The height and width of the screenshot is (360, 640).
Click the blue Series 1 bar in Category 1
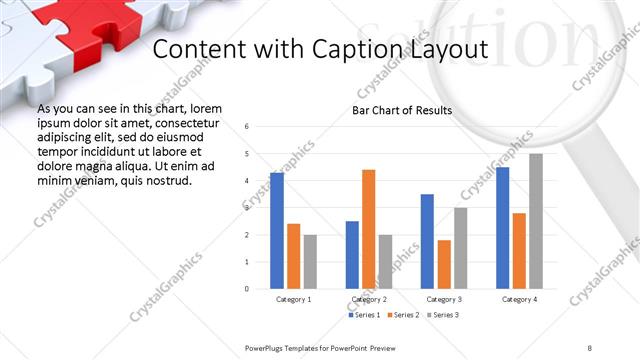pos(277,231)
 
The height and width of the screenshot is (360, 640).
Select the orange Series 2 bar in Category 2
pos(369,229)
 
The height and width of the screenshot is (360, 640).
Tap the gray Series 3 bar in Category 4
pos(536,221)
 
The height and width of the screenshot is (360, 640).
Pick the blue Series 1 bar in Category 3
pos(428,241)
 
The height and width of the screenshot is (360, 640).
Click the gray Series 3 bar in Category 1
pos(310,262)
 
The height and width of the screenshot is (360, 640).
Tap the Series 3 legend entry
pos(444,315)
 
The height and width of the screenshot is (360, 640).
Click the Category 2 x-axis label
pos(369,299)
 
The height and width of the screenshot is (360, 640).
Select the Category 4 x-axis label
pos(519,299)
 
